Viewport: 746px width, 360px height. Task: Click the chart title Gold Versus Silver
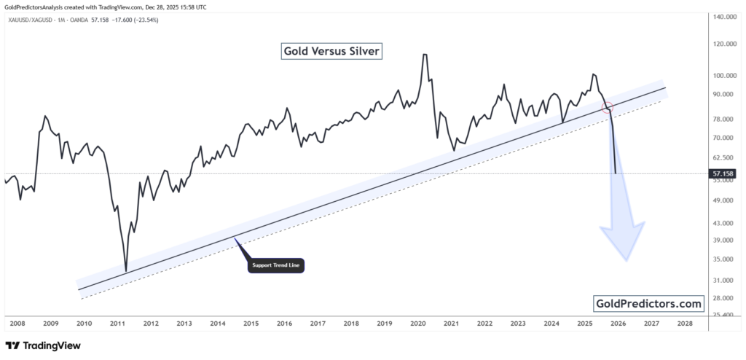tap(331, 51)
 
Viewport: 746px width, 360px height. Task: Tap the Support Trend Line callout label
tap(276, 265)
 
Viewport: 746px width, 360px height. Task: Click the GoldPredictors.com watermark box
tap(649, 303)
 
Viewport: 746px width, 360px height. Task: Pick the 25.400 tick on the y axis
tap(724, 315)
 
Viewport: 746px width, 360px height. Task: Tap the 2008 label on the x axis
tap(17, 323)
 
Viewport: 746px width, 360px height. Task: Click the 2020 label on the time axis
tap(417, 323)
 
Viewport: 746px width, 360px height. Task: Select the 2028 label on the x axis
tap(685, 323)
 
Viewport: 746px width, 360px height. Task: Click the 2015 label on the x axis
tap(251, 323)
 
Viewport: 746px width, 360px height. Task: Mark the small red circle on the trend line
tap(608, 108)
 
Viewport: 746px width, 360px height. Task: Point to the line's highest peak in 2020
tap(424, 55)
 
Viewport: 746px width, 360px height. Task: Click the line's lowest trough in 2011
tap(126, 271)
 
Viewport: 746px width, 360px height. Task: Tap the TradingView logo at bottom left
tap(43, 345)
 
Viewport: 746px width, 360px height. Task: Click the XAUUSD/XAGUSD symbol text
tap(34, 20)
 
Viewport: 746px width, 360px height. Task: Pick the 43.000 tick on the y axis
tap(724, 223)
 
